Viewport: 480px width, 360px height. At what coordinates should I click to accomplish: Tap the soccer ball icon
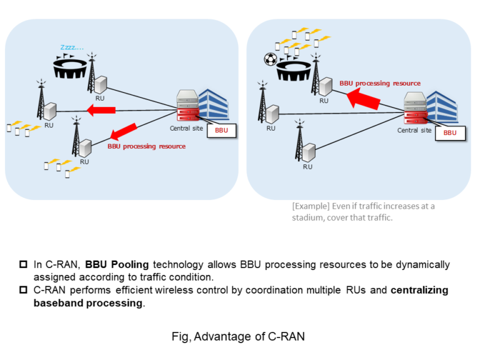[x=271, y=59]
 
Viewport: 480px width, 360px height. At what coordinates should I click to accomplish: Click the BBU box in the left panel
[x=222, y=131]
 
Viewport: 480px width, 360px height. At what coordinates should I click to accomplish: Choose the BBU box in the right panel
[x=450, y=132]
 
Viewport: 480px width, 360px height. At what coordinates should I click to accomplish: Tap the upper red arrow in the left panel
[x=101, y=111]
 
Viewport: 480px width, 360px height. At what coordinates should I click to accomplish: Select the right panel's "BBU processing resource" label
[x=380, y=83]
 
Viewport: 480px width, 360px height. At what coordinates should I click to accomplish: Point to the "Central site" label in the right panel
[x=414, y=131]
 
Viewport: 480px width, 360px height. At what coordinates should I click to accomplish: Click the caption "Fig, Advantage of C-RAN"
[x=238, y=337]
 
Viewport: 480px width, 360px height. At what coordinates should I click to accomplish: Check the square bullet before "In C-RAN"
[x=23, y=264]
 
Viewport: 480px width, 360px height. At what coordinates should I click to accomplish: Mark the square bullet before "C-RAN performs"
[x=23, y=291]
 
